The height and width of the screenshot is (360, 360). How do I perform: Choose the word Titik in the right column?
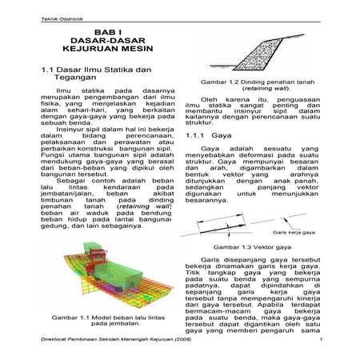point(194,274)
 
